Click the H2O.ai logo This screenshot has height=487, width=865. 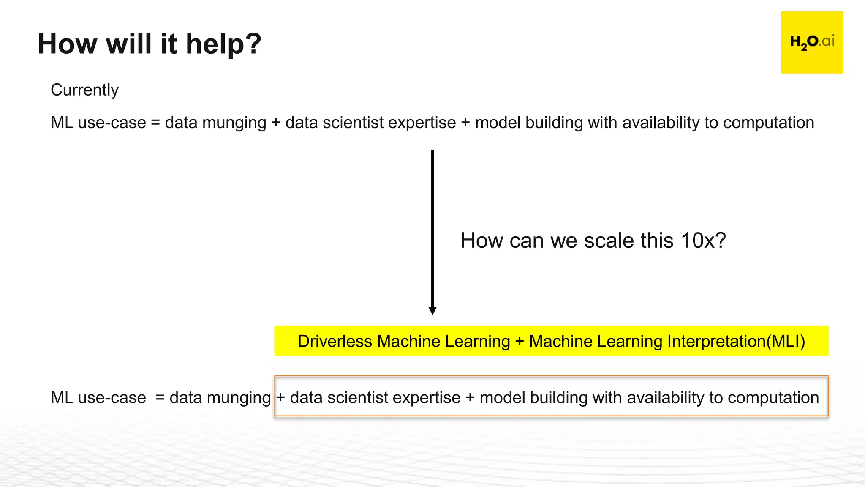[812, 42]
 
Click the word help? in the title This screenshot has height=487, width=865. [223, 44]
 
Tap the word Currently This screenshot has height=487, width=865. [84, 90]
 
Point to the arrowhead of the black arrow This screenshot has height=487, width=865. [432, 311]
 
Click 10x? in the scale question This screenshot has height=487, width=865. [703, 241]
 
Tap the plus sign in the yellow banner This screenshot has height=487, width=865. [520, 342]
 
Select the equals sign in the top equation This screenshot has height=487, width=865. [155, 123]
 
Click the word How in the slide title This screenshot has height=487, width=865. [68, 44]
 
